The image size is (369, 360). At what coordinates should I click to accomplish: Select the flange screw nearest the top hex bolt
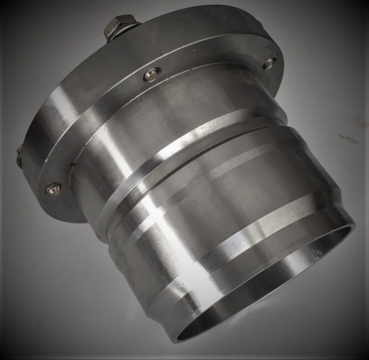tap(152, 75)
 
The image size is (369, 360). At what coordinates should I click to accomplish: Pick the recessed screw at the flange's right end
tap(269, 64)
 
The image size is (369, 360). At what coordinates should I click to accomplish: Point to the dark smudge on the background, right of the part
tap(348, 139)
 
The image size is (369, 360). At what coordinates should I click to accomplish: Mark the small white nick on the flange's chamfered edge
tap(46, 161)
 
